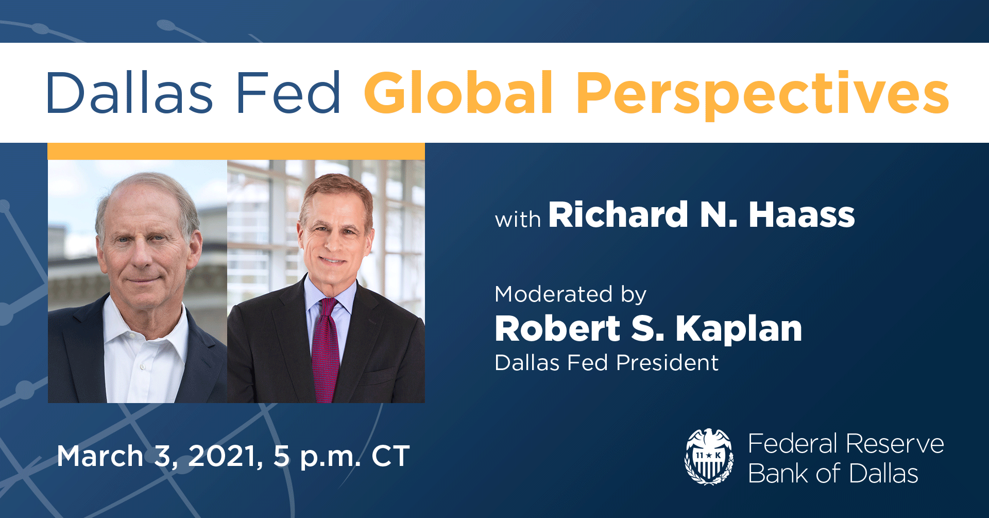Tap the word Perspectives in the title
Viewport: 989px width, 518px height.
(x=762, y=94)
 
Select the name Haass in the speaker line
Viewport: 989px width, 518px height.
(x=802, y=214)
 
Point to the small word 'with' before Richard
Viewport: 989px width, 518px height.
(x=518, y=220)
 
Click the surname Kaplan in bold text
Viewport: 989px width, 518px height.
(x=739, y=329)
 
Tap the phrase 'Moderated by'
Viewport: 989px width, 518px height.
(x=570, y=294)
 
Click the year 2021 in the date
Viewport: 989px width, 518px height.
(x=223, y=456)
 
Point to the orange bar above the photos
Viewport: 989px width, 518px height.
(x=236, y=151)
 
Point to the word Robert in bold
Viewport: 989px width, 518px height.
(x=557, y=329)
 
